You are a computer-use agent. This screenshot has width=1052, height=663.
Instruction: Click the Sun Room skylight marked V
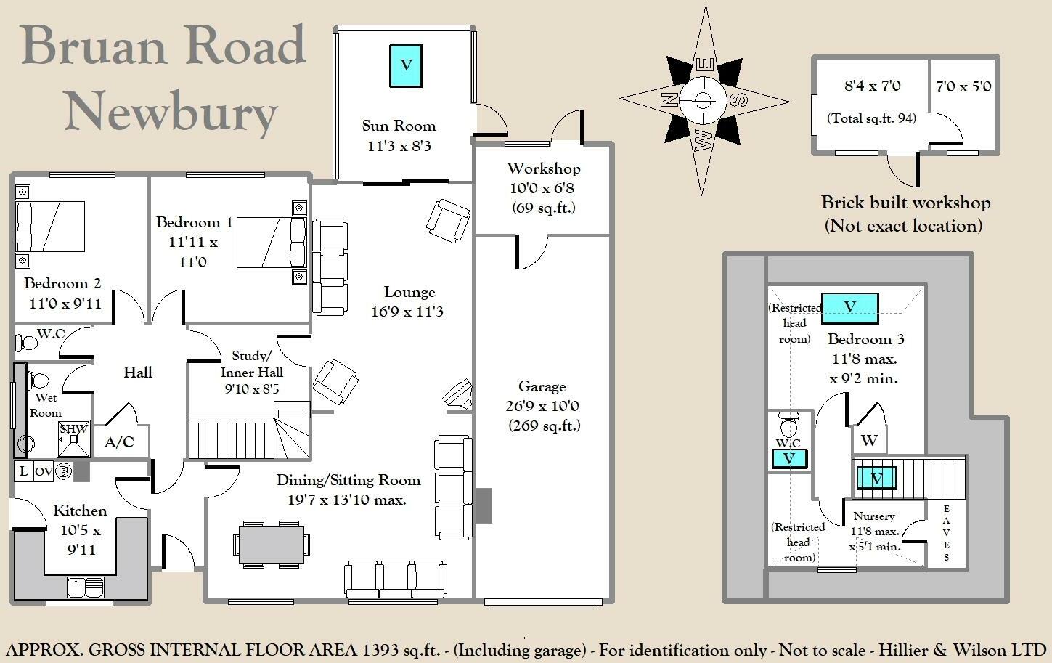[x=407, y=66]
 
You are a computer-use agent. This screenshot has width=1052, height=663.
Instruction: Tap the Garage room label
[x=542, y=386]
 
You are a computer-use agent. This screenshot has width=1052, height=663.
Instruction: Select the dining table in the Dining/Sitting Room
[x=272, y=544]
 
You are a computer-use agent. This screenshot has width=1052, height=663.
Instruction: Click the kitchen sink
[x=86, y=587]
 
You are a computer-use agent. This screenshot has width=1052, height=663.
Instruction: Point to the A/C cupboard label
[x=119, y=442]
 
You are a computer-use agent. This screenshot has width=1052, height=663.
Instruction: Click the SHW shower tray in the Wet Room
[x=74, y=439]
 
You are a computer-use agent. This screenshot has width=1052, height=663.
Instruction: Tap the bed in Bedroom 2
[x=50, y=227]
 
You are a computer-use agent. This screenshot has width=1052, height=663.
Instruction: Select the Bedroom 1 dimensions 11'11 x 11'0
[x=193, y=252]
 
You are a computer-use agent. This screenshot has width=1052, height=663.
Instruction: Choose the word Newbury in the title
[x=171, y=111]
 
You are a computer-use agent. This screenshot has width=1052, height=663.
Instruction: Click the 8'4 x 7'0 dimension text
[x=872, y=86]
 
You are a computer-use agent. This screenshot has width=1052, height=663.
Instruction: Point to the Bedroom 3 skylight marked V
[x=849, y=308]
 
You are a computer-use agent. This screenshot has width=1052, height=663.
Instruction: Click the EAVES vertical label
[x=946, y=533]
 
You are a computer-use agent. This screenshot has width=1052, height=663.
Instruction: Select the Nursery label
[x=874, y=516]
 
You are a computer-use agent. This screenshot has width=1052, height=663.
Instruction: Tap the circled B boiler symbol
[x=64, y=471]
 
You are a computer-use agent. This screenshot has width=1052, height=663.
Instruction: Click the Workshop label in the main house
[x=543, y=168]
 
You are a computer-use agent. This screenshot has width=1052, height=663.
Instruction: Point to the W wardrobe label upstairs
[x=869, y=440]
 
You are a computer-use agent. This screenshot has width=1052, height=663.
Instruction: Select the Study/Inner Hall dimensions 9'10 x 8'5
[x=252, y=389]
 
